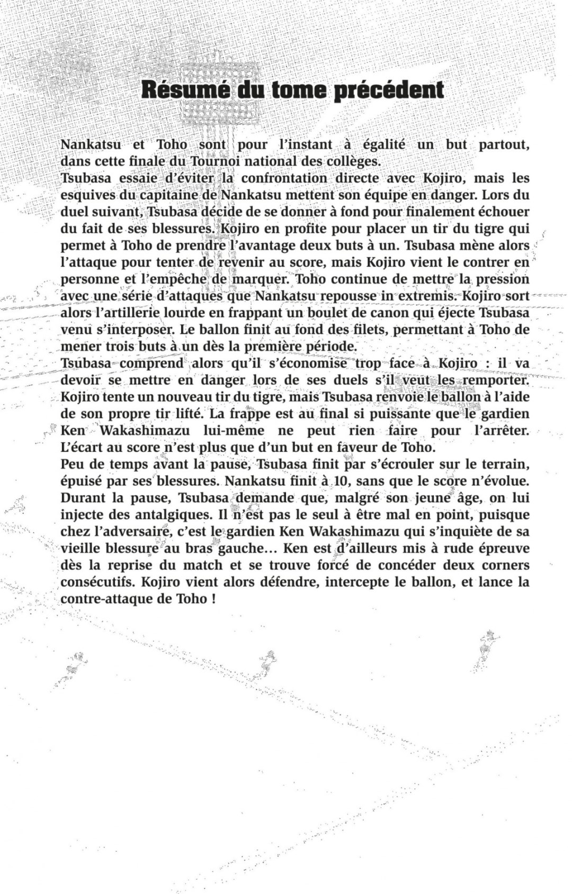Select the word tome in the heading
(x=300, y=90)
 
